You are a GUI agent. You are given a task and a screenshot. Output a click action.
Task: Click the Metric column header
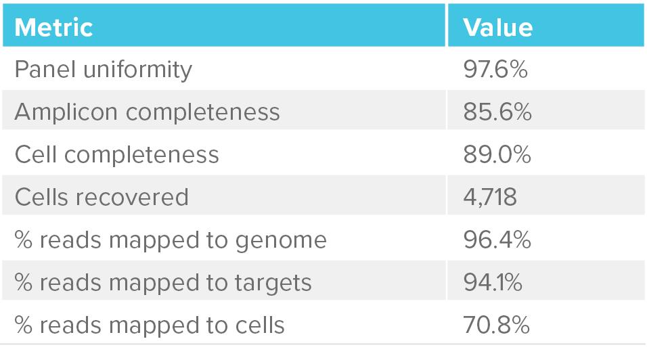pos(53,27)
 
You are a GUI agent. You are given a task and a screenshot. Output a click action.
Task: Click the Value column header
pos(497,27)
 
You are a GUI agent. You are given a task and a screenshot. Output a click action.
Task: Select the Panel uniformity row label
pos(103,69)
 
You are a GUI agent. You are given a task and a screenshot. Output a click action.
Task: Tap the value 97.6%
pos(496,69)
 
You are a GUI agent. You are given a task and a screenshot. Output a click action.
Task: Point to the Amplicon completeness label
pos(147,112)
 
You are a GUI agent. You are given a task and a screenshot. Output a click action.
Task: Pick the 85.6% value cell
pos(497,112)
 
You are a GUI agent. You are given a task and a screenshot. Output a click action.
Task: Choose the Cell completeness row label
pos(116,154)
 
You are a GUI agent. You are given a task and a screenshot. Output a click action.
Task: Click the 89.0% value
pos(497,154)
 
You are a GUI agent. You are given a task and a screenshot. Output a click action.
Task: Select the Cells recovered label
pos(101,197)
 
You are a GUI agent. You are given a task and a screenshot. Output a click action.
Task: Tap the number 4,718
pos(490,197)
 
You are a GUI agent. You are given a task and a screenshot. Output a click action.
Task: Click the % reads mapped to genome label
pos(170,240)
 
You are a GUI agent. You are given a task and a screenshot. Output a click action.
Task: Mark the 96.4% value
pos(497,240)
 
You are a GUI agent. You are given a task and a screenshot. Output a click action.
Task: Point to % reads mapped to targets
pos(162,282)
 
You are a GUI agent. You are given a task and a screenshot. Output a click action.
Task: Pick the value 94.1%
pos(493,282)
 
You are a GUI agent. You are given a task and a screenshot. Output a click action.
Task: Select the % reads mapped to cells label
pos(149,325)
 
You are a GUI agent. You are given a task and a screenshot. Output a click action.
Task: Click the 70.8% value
pos(497,325)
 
